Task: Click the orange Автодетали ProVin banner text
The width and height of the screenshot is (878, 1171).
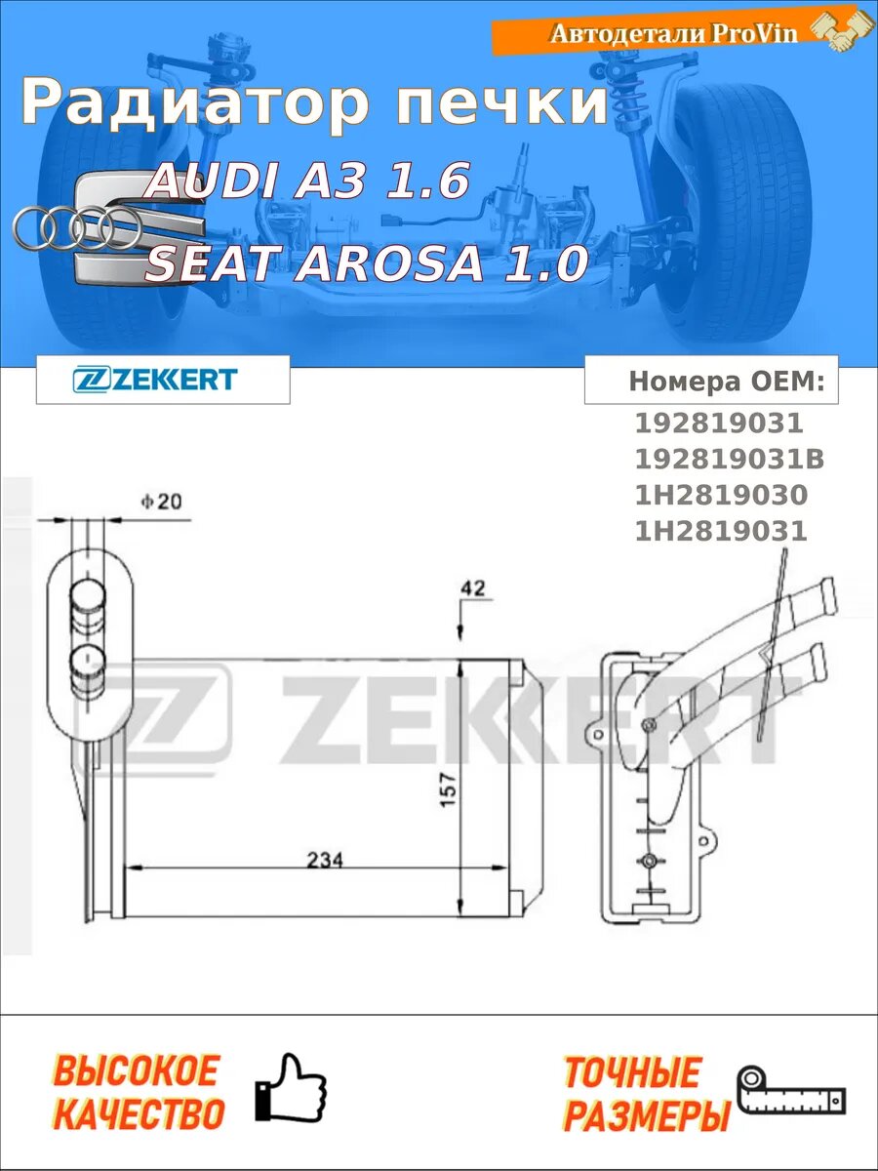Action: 674,33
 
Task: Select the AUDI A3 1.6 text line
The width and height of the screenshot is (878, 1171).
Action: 308,180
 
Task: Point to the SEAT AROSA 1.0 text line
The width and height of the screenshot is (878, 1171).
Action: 367,263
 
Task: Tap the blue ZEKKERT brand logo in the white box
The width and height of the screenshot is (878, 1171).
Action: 154,380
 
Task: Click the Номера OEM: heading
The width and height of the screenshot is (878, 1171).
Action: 727,381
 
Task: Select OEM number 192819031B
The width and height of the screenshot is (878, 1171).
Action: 730,460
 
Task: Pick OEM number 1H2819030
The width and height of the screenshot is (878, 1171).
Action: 721,495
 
